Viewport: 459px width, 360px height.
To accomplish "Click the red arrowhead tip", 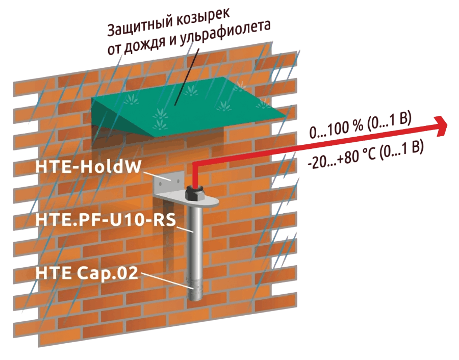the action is [447, 125].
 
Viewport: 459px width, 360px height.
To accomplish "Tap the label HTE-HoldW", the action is [88, 167].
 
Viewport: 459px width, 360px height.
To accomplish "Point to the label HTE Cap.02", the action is [87, 273].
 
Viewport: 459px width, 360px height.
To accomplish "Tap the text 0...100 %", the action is [336, 129].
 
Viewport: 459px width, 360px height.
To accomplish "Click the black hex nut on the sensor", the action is [195, 193].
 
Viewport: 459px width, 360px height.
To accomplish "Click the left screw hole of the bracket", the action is [161, 184].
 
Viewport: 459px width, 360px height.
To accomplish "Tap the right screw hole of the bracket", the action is [177, 181].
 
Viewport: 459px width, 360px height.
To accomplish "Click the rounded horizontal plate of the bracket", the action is [187, 201].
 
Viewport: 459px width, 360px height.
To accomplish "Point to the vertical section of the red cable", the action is [195, 175].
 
